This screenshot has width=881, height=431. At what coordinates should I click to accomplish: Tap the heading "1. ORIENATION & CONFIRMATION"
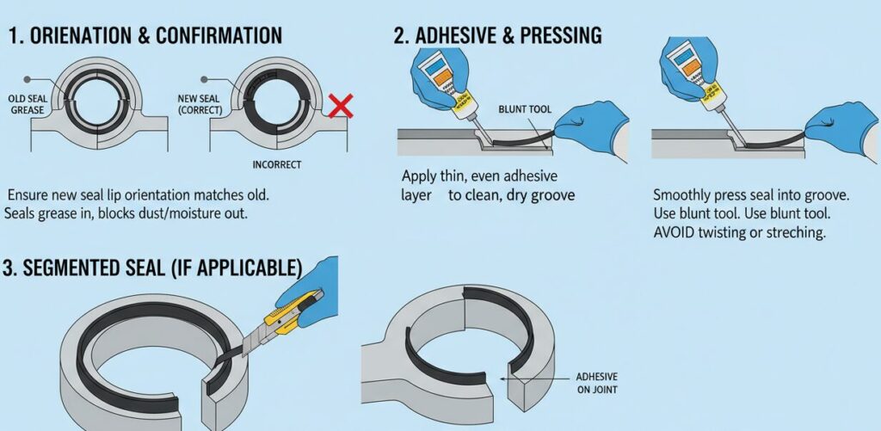(145, 36)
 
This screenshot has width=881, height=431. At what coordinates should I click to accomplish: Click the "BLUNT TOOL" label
(527, 109)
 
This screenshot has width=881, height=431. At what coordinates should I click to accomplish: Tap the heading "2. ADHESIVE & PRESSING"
(497, 36)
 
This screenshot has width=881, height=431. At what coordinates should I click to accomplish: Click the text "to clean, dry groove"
(510, 195)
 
